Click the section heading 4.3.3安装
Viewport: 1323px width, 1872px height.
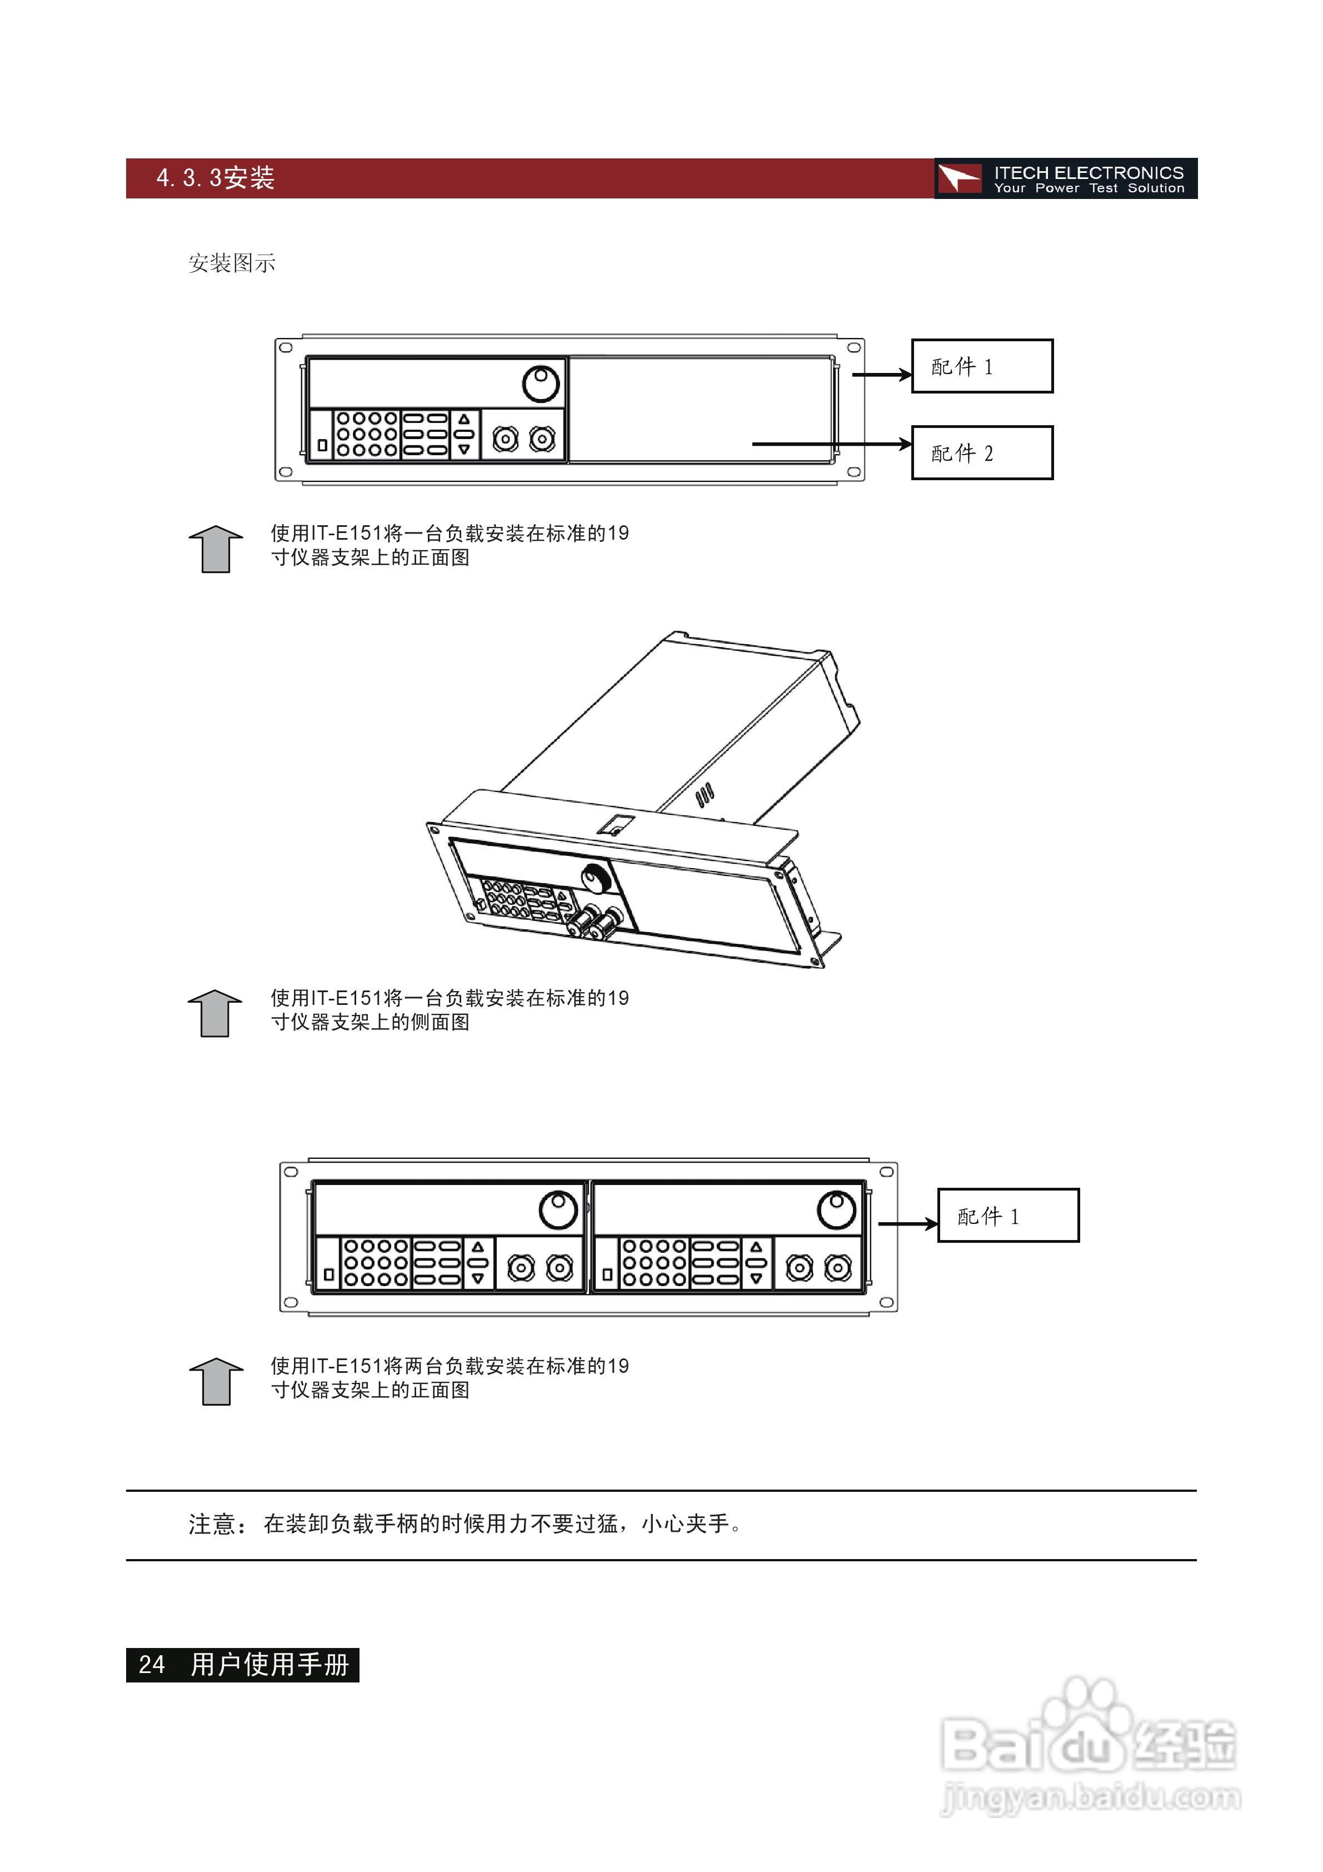[215, 178]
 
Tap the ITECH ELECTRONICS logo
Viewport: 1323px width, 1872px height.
[1065, 178]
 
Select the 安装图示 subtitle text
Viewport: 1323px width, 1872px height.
[232, 263]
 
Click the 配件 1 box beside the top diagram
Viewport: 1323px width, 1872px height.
[981, 366]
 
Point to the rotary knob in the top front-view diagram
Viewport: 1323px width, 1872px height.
[541, 383]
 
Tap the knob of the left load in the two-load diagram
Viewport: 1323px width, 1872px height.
[558, 1210]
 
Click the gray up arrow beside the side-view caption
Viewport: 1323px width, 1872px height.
[215, 1013]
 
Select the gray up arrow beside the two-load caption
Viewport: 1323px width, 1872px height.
[216, 1381]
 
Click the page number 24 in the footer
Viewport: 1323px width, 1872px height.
[152, 1665]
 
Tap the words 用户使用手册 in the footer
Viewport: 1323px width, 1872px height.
[270, 1665]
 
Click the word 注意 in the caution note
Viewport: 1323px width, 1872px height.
[212, 1524]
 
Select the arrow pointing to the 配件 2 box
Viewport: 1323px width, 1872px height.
[831, 444]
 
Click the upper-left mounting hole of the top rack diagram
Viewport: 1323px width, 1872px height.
[285, 347]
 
